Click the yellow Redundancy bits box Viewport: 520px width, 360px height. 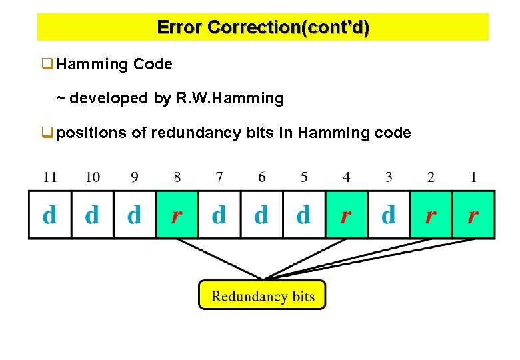point(262,295)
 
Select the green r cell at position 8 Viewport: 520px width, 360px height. point(177,215)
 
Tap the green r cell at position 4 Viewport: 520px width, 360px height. point(346,215)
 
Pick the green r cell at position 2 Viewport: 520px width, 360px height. point(431,215)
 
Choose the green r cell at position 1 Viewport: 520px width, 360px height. point(473,215)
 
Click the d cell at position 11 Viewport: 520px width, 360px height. point(49,215)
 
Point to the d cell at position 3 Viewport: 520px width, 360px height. point(388,215)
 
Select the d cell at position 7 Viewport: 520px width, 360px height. point(219,215)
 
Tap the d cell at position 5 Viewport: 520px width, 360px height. point(304,215)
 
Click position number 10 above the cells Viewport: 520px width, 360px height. point(93,177)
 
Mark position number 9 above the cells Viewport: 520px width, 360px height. point(135,177)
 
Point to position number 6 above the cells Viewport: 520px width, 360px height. point(262,177)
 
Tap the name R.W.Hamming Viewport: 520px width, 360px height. point(230,99)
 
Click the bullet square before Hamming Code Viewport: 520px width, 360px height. point(47,65)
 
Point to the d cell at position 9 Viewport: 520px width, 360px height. point(135,215)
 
